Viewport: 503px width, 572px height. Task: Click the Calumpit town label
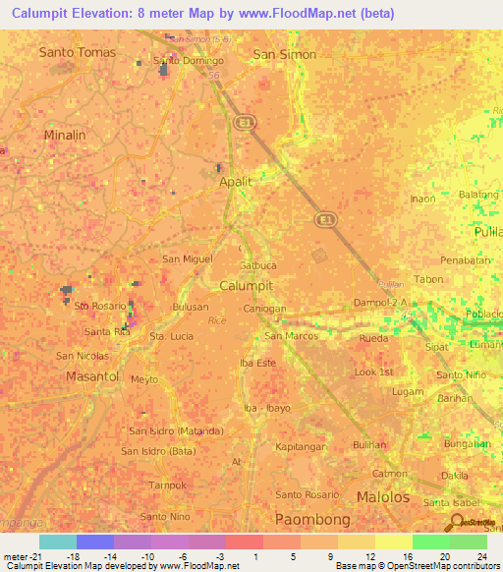pyautogui.click(x=246, y=285)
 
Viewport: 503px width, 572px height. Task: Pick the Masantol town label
pyautogui.click(x=91, y=376)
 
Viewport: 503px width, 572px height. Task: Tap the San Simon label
pyautogui.click(x=285, y=54)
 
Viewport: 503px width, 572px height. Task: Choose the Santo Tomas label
pyautogui.click(x=77, y=52)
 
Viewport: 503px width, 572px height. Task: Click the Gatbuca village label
pyautogui.click(x=256, y=265)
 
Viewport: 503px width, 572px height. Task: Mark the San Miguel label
pyautogui.click(x=187, y=258)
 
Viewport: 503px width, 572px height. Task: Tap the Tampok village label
pyautogui.click(x=168, y=485)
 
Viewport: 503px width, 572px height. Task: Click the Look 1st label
pyautogui.click(x=373, y=372)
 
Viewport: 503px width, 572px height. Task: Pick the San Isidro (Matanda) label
pyautogui.click(x=176, y=430)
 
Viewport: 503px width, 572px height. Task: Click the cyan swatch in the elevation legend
pyautogui.click(x=57, y=542)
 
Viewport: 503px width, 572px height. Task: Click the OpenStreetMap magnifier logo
pyautogui.click(x=455, y=522)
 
